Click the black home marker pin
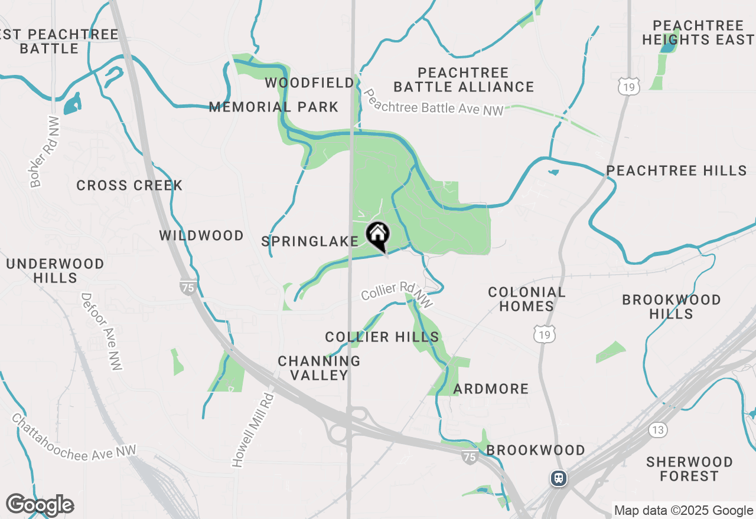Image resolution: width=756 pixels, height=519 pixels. [x=378, y=235]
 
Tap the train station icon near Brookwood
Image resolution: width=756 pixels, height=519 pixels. [x=559, y=478]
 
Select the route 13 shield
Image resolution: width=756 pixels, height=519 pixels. [x=658, y=429]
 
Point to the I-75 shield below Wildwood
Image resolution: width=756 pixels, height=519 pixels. [x=188, y=287]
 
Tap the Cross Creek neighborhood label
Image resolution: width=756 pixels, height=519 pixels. [x=129, y=185]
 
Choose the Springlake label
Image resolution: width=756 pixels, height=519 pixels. [x=310, y=241]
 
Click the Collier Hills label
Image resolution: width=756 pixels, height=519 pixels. [x=382, y=337]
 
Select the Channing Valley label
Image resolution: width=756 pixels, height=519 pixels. [x=319, y=368]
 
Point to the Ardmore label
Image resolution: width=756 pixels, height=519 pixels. [x=491, y=389]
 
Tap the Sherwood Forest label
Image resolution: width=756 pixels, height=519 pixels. [x=689, y=469]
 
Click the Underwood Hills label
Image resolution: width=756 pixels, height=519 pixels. [x=55, y=271]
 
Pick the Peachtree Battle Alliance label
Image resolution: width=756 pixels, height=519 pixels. [x=464, y=80]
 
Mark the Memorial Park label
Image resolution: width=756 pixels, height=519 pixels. [x=273, y=107]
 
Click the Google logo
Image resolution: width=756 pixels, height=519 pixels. [x=40, y=505]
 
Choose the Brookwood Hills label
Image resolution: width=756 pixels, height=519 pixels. [x=671, y=307]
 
